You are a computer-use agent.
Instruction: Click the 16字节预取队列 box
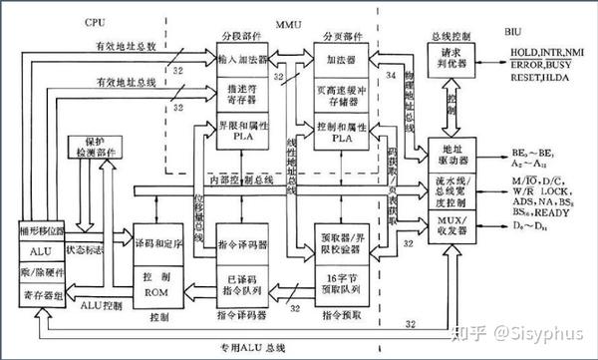point(340,281)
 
